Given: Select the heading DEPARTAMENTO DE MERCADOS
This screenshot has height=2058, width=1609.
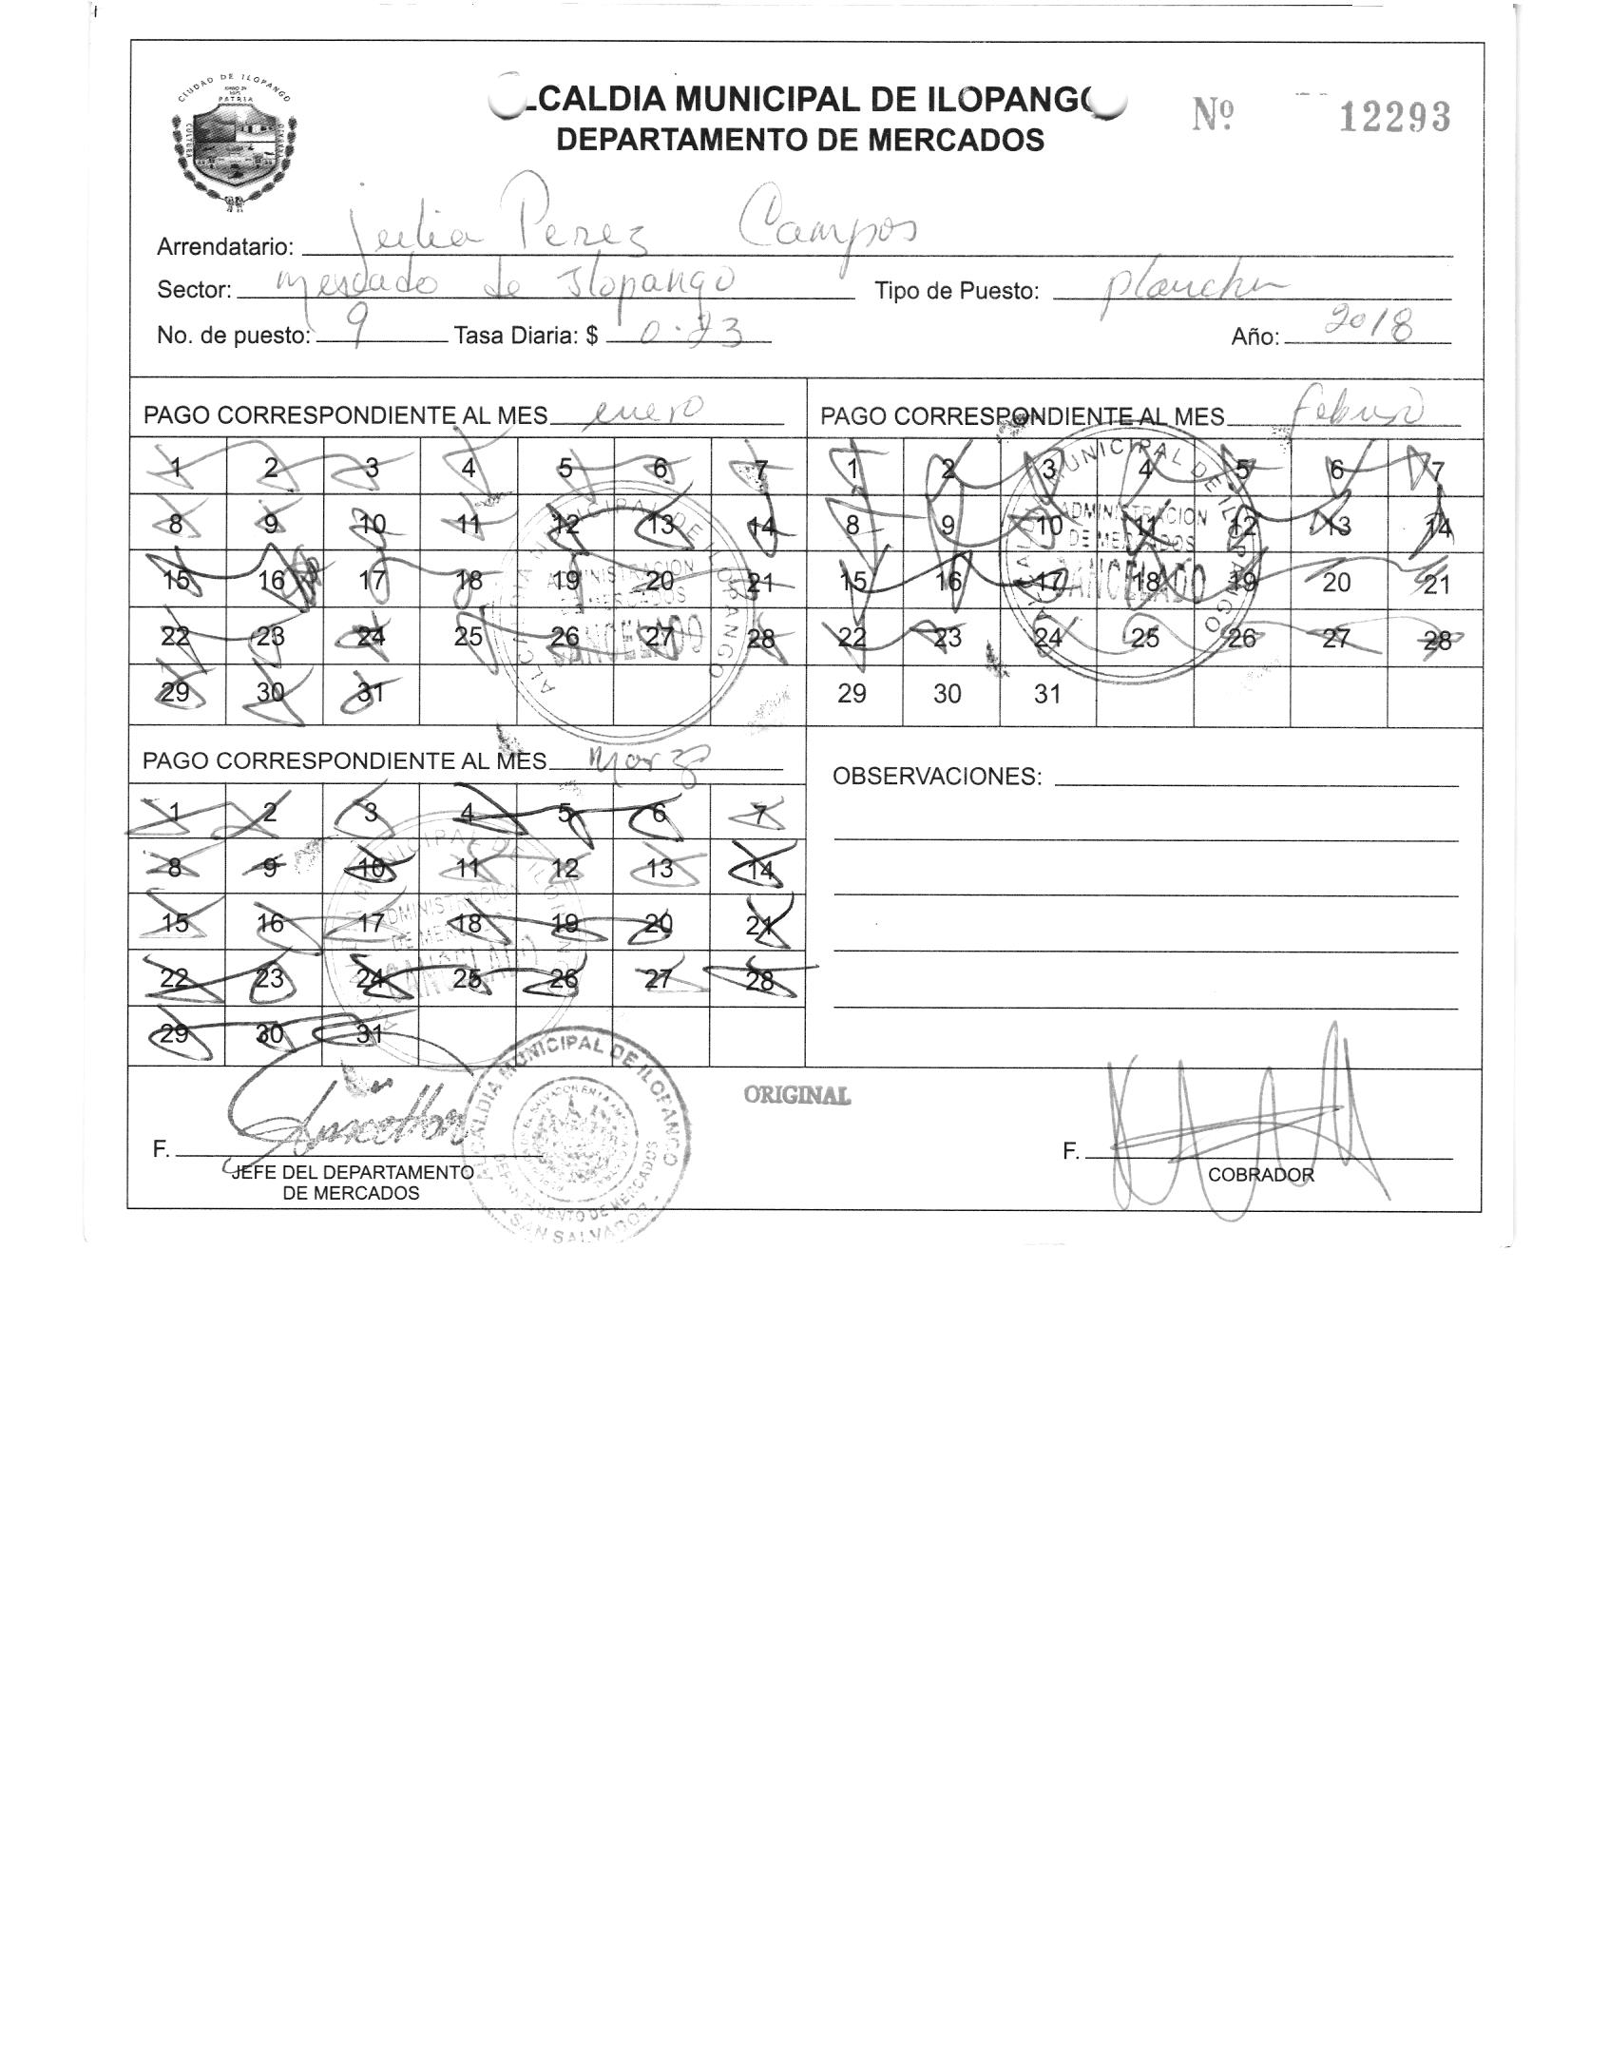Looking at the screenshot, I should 799,141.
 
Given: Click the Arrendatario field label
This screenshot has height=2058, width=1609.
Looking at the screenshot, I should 224,247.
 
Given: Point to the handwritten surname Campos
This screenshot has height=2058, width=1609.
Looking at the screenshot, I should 827,223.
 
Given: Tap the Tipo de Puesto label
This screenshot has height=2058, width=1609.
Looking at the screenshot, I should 956,291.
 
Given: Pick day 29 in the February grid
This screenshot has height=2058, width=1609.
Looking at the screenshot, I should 852,694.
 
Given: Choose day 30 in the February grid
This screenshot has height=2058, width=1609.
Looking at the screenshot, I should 948,694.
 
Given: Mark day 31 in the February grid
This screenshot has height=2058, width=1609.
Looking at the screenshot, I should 1046,694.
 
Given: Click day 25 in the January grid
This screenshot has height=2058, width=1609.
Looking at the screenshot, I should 468,636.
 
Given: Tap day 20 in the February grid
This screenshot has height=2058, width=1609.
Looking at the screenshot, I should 1335,582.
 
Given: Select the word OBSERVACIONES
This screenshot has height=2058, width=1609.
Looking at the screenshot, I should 936,777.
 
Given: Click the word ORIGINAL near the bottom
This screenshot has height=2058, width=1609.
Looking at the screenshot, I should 796,1095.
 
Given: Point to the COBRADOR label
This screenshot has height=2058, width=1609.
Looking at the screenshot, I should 1260,1175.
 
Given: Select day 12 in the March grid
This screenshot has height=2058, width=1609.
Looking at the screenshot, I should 565,868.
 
